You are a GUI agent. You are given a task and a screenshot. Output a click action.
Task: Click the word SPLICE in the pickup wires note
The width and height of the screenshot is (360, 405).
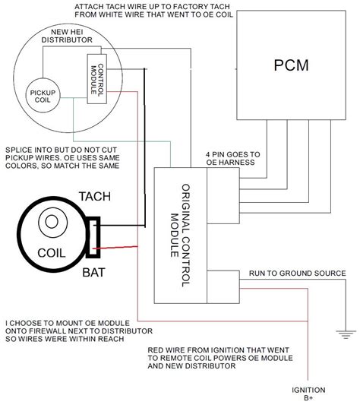(19, 149)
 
